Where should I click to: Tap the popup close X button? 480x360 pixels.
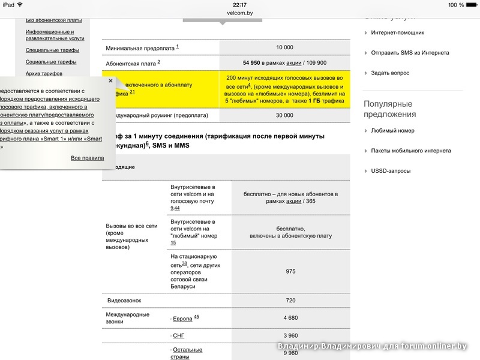click(110, 80)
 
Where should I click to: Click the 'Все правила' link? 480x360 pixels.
click(88, 158)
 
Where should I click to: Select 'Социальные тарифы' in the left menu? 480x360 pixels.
click(51, 62)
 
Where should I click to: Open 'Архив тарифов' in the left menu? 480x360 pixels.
click(43, 74)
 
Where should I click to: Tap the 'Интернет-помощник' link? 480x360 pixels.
click(397, 33)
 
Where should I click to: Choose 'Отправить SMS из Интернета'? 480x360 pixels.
click(410, 53)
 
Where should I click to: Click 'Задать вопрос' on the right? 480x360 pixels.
click(390, 73)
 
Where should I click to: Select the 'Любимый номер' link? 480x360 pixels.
click(392, 131)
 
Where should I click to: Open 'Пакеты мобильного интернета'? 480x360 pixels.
click(411, 151)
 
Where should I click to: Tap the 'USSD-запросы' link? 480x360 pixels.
click(391, 171)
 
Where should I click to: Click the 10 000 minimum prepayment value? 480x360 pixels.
click(285, 47)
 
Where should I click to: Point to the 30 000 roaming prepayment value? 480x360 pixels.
click(285, 115)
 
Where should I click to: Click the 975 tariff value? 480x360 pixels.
click(290, 271)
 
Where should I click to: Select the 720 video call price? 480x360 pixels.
click(290, 300)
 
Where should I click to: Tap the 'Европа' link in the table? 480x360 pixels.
click(182, 319)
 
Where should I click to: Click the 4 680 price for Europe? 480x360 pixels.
click(290, 318)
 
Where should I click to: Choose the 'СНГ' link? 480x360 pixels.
click(179, 335)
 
